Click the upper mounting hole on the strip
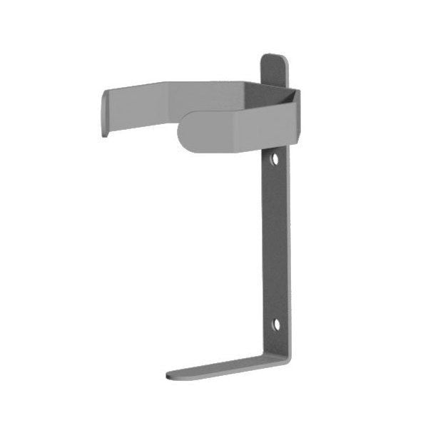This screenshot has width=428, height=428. point(275,158)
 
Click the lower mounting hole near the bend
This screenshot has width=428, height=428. point(276,325)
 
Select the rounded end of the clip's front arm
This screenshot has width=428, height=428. point(183,131)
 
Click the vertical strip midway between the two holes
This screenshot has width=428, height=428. point(275,243)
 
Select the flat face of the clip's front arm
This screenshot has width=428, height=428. point(214,131)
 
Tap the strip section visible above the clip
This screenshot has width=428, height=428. point(274,71)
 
